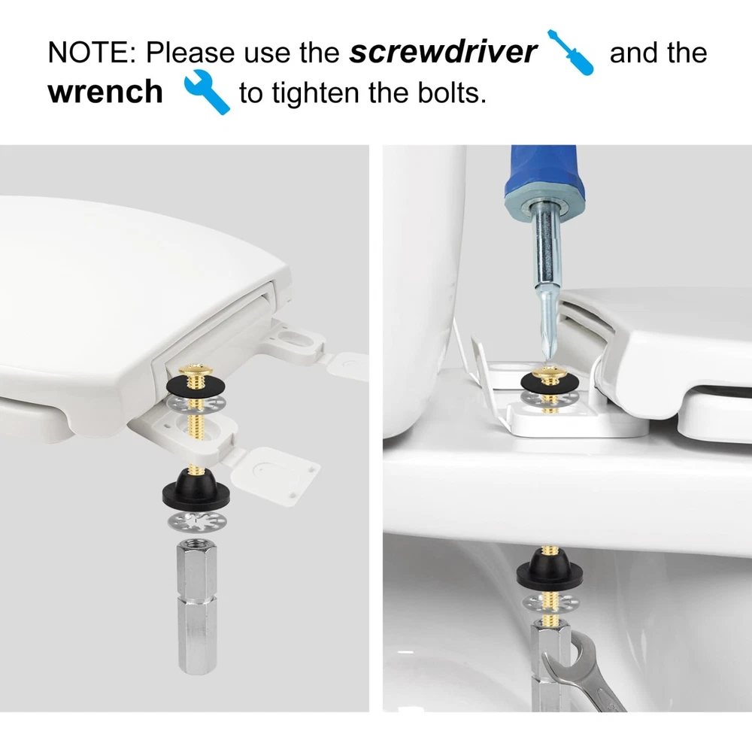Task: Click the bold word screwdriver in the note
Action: pyautogui.click(x=443, y=53)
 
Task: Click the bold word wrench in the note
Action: pyautogui.click(x=105, y=92)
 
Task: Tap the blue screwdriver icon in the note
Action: pyautogui.click(x=571, y=53)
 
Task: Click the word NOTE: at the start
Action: pyautogui.click(x=92, y=53)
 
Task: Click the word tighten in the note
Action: pyautogui.click(x=317, y=93)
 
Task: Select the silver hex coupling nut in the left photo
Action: pyautogui.click(x=196, y=607)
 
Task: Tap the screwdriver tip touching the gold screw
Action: pyautogui.click(x=547, y=357)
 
